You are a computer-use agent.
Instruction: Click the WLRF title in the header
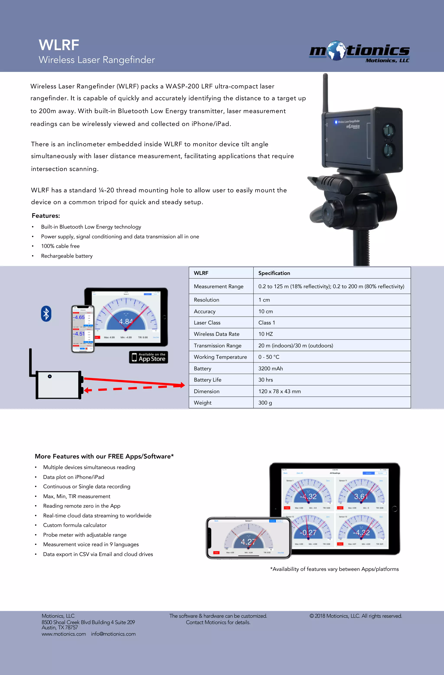(x=59, y=45)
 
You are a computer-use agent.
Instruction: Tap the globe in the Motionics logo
(x=336, y=50)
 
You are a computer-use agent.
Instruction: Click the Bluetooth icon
(x=46, y=314)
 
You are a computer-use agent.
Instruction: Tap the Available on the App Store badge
(x=149, y=357)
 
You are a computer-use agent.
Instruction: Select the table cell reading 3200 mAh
(x=270, y=368)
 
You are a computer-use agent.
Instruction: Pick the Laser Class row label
(x=207, y=323)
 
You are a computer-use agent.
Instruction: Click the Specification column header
(x=274, y=273)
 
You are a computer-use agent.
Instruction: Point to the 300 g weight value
(x=265, y=403)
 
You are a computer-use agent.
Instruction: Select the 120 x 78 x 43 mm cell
(x=279, y=391)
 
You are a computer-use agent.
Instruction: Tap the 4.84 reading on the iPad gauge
(x=126, y=321)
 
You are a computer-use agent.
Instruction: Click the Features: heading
(x=46, y=216)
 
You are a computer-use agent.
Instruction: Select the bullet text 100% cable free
(x=60, y=246)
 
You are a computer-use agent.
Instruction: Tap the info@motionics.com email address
(x=113, y=634)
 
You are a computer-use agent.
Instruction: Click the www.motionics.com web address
(x=64, y=634)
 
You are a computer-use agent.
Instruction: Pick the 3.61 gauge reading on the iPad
(x=361, y=496)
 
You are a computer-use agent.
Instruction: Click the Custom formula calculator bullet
(x=75, y=525)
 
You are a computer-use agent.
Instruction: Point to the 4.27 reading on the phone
(x=248, y=542)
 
